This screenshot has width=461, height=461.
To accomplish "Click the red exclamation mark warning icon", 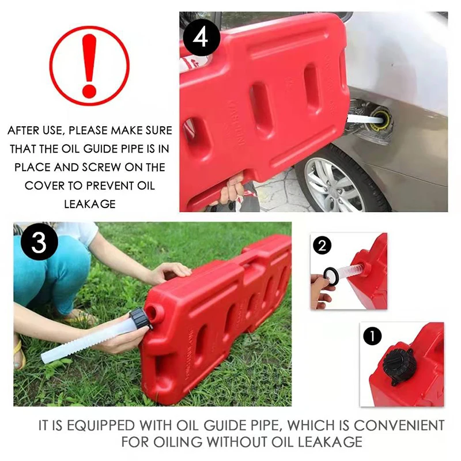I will [89, 66].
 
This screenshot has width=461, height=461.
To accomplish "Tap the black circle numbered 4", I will [201, 38].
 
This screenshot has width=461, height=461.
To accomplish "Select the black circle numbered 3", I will [39, 243].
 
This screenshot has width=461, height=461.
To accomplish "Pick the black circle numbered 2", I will [323, 246].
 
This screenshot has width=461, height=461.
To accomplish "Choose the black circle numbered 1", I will [372, 335].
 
